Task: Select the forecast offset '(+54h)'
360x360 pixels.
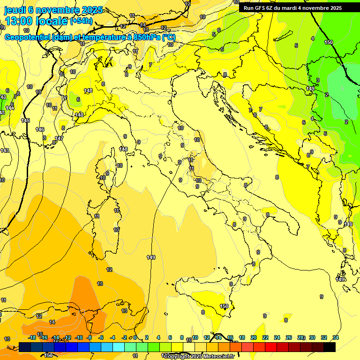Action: [81, 21]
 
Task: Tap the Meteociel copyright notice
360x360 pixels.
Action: [199, 356]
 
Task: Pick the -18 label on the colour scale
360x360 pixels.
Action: [32, 337]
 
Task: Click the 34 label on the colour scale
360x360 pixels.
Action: [336, 337]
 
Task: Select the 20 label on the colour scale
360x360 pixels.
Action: [254, 337]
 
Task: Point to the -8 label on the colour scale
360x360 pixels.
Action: [89, 337]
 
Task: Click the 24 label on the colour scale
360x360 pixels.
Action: [277, 337]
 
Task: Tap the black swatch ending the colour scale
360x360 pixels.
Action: [330, 347]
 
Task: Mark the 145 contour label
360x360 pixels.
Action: [25, 121]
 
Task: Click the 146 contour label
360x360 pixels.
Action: [40, 129]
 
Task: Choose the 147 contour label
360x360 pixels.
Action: [59, 138]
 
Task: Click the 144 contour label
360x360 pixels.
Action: [10, 108]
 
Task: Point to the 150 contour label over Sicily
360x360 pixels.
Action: [224, 307]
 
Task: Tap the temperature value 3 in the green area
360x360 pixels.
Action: [318, 81]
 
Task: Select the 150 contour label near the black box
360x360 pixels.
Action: [329, 42]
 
